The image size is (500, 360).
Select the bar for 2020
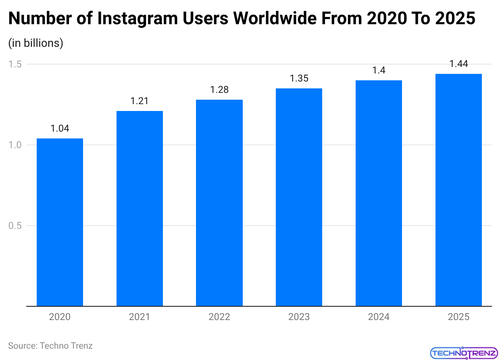point(60,222)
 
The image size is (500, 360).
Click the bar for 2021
point(140,208)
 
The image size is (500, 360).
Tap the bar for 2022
point(219,203)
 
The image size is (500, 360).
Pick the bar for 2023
point(299,197)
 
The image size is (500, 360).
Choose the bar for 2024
point(379,193)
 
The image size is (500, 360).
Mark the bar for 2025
point(458,190)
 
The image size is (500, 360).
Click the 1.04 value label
point(60,128)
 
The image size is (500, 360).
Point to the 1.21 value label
point(140,101)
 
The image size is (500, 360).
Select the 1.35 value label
point(299,78)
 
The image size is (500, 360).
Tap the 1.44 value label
point(458,64)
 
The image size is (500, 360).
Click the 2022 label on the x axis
point(219,317)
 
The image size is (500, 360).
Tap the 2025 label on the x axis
point(458,317)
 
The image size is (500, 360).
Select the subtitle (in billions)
point(36,43)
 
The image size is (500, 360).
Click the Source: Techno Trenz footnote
point(50,345)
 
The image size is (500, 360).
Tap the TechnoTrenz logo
point(463,353)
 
